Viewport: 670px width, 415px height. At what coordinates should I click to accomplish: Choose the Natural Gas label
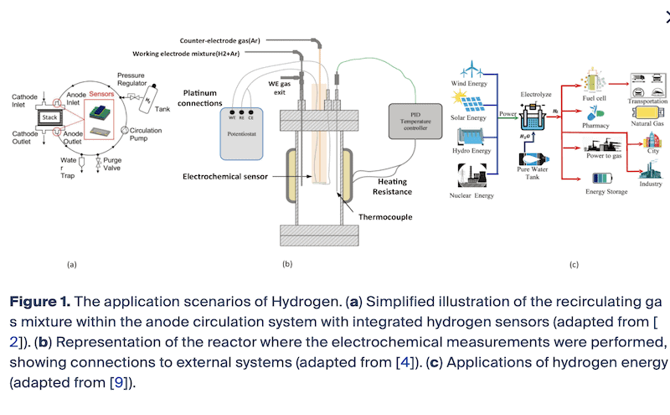(646, 124)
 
